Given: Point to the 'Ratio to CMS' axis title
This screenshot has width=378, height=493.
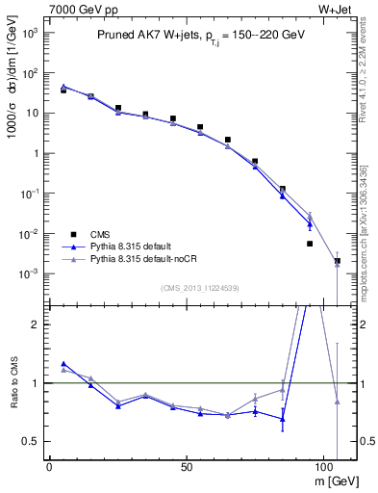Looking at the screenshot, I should [x=13, y=397].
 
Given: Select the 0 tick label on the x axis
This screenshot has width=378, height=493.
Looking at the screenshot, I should [x=49, y=465].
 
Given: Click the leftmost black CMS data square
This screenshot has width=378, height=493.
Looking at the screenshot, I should [x=63, y=90].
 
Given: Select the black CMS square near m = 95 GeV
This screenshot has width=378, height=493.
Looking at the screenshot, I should [x=310, y=244].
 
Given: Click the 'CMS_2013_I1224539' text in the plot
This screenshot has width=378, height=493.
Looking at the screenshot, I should [x=200, y=287].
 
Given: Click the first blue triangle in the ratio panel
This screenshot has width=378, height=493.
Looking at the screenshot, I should [x=63, y=363].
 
